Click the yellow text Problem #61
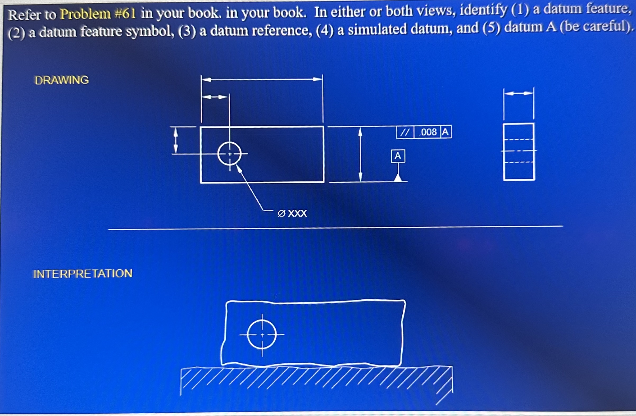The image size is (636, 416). click(x=98, y=14)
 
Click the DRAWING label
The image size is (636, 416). click(x=62, y=80)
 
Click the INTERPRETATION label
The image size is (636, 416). click(x=83, y=274)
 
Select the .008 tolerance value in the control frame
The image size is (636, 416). click(x=428, y=132)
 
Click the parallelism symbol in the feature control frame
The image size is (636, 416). click(x=405, y=132)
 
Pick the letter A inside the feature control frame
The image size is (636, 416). click(x=445, y=132)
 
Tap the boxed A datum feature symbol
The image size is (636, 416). click(x=398, y=156)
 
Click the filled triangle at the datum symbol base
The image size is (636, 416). click(x=398, y=178)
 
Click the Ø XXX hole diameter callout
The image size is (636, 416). click(x=292, y=213)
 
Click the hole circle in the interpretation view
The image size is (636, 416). click(x=262, y=335)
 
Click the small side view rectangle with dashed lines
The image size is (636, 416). click(x=519, y=152)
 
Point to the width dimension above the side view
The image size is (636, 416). click(x=519, y=94)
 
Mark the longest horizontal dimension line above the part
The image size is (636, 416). click(x=262, y=79)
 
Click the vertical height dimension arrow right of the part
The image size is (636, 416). click(x=361, y=154)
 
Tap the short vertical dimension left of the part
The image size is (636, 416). click(x=176, y=140)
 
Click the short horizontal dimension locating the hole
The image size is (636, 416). click(x=215, y=97)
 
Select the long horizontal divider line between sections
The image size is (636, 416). click(x=335, y=228)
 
